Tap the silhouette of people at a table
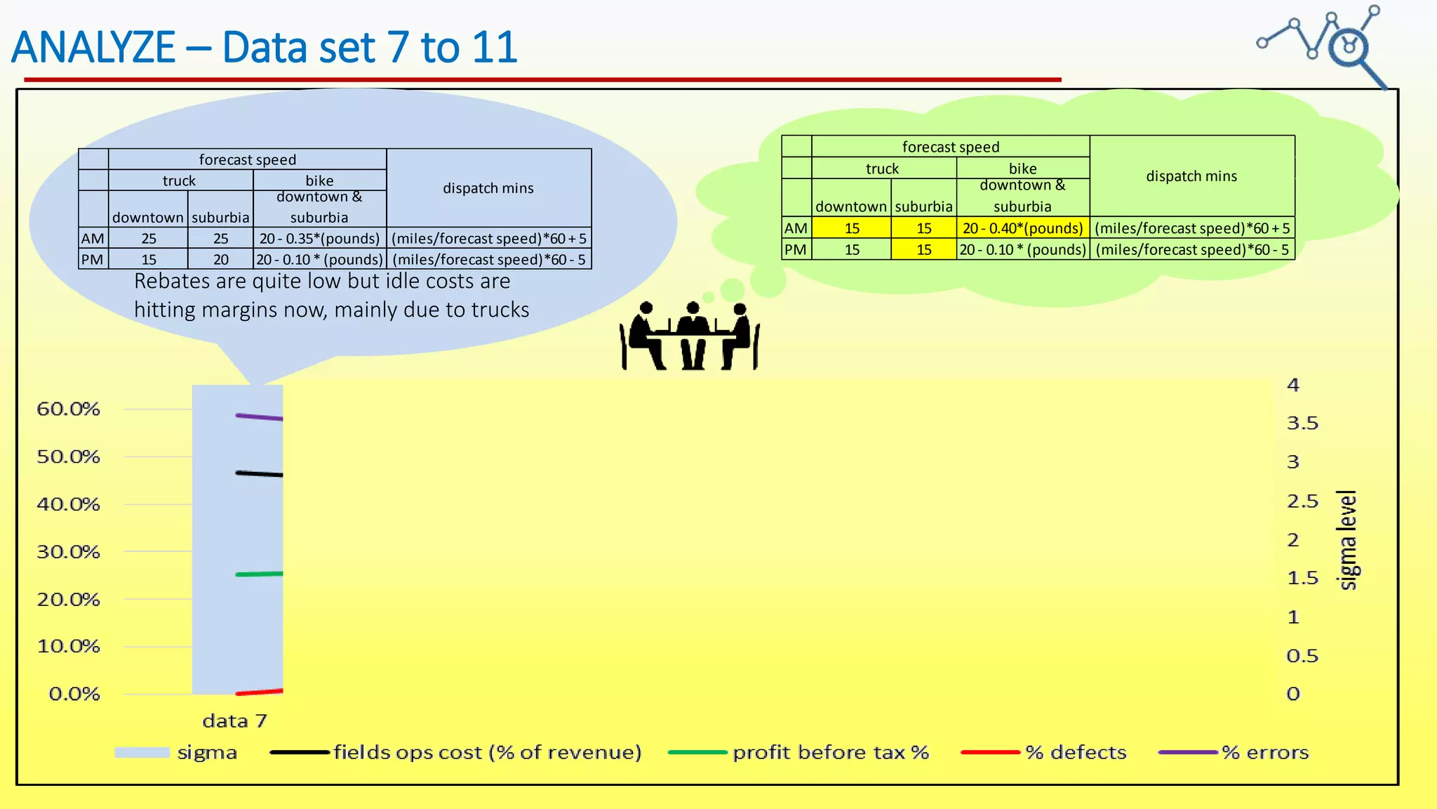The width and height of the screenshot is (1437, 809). (x=690, y=336)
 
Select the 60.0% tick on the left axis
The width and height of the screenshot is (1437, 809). (x=69, y=409)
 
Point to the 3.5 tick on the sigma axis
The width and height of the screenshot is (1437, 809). (x=1302, y=423)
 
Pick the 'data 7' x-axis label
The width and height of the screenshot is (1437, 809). (x=234, y=721)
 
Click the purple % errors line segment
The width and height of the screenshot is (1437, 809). (x=259, y=417)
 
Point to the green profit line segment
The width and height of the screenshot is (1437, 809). (x=259, y=574)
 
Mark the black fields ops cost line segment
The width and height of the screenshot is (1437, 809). (x=259, y=474)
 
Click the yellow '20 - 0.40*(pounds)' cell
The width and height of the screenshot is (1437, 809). (x=1022, y=228)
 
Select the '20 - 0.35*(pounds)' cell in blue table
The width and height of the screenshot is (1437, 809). (x=319, y=239)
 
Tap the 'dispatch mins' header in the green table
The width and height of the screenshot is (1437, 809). (x=1191, y=176)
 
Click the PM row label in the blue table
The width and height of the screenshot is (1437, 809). (x=93, y=260)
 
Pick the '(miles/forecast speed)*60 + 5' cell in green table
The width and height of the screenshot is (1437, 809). (x=1191, y=228)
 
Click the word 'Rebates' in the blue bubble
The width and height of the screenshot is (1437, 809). (x=172, y=282)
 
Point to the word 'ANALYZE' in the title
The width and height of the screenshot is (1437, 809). (x=93, y=48)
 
